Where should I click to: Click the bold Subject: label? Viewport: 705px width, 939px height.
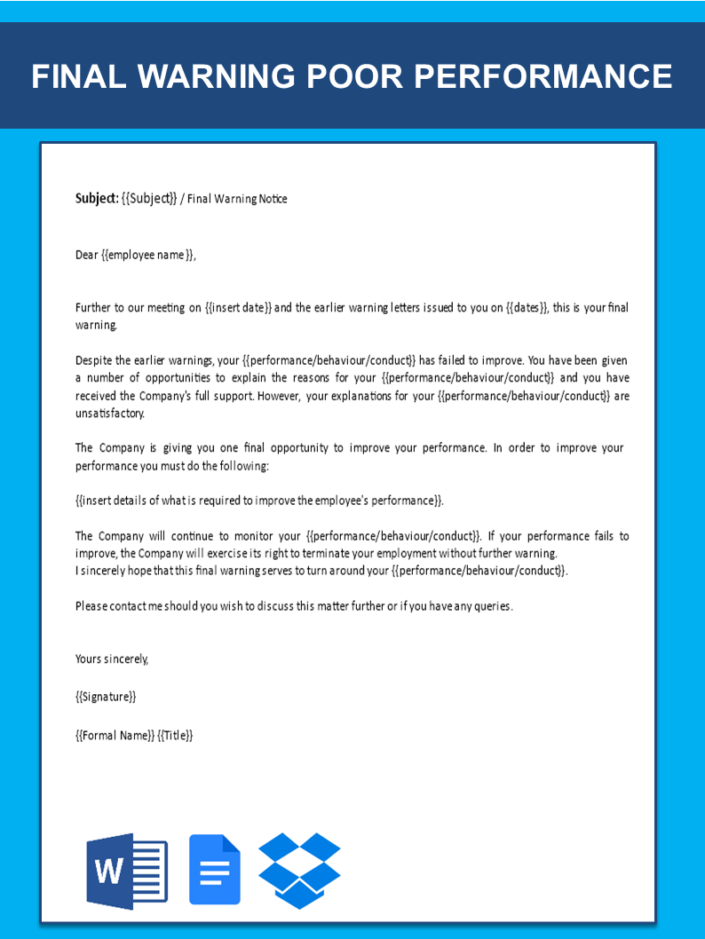(97, 199)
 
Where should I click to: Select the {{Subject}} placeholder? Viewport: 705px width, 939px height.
(149, 199)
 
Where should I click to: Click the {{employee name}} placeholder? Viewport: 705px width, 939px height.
(147, 255)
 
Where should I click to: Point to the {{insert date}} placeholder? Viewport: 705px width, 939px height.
(238, 308)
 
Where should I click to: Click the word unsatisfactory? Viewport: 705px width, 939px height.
(109, 414)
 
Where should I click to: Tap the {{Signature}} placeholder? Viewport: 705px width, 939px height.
(106, 697)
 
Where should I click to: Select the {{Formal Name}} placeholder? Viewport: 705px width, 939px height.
(115, 735)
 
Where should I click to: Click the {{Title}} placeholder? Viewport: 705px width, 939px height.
(175, 735)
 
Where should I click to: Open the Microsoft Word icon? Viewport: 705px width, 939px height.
(126, 871)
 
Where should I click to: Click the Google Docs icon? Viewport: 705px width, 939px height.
(215, 871)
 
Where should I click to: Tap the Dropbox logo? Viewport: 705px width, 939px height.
(299, 870)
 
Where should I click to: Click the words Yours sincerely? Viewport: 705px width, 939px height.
(112, 659)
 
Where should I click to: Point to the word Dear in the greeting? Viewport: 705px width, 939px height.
(87, 255)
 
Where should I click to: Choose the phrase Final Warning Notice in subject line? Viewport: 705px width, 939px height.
(237, 199)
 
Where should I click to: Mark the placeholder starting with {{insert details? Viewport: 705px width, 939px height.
(258, 501)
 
